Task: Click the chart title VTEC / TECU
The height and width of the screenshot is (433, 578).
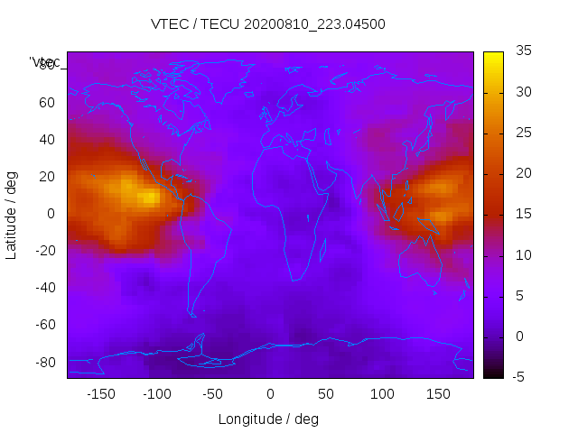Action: tap(268, 24)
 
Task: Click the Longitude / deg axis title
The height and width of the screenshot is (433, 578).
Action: tap(268, 419)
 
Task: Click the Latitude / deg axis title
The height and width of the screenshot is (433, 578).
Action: tap(12, 215)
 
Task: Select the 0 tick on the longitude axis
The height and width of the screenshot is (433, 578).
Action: tap(270, 393)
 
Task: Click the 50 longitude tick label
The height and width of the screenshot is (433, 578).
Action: tap(326, 393)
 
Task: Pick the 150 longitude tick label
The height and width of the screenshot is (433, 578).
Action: tap(439, 393)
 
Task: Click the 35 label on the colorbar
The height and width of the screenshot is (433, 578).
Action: tap(522, 51)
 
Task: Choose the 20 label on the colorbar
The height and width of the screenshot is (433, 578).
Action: tap(522, 173)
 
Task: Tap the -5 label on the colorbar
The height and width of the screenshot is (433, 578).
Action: tap(519, 377)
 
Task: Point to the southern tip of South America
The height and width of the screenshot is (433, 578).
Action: tap(192, 315)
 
